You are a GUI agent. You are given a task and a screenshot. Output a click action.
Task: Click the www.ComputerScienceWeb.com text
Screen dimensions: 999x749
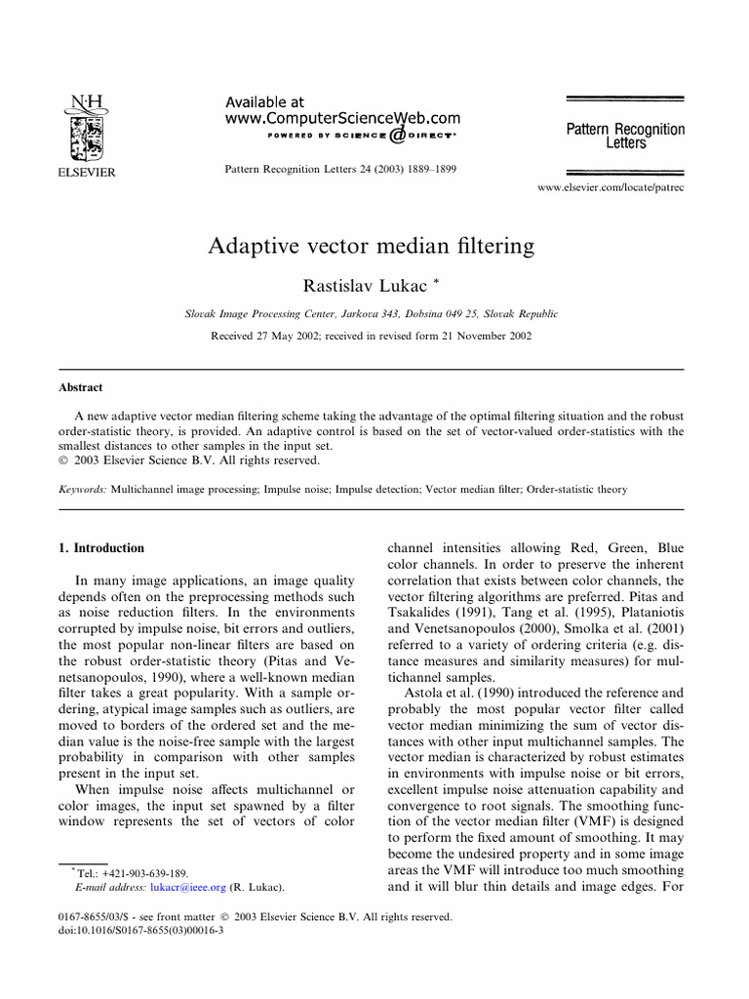(x=330, y=117)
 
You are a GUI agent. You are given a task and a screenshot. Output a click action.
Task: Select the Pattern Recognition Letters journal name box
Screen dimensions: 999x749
(x=625, y=136)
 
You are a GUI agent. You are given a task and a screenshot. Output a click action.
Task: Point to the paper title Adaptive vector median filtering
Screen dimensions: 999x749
(x=372, y=245)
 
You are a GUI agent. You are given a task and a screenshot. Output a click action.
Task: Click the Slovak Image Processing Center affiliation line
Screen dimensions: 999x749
(x=372, y=314)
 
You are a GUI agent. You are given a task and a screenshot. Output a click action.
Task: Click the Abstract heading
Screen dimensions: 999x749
(x=81, y=387)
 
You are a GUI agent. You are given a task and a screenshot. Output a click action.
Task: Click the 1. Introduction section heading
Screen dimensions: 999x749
(x=102, y=548)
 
